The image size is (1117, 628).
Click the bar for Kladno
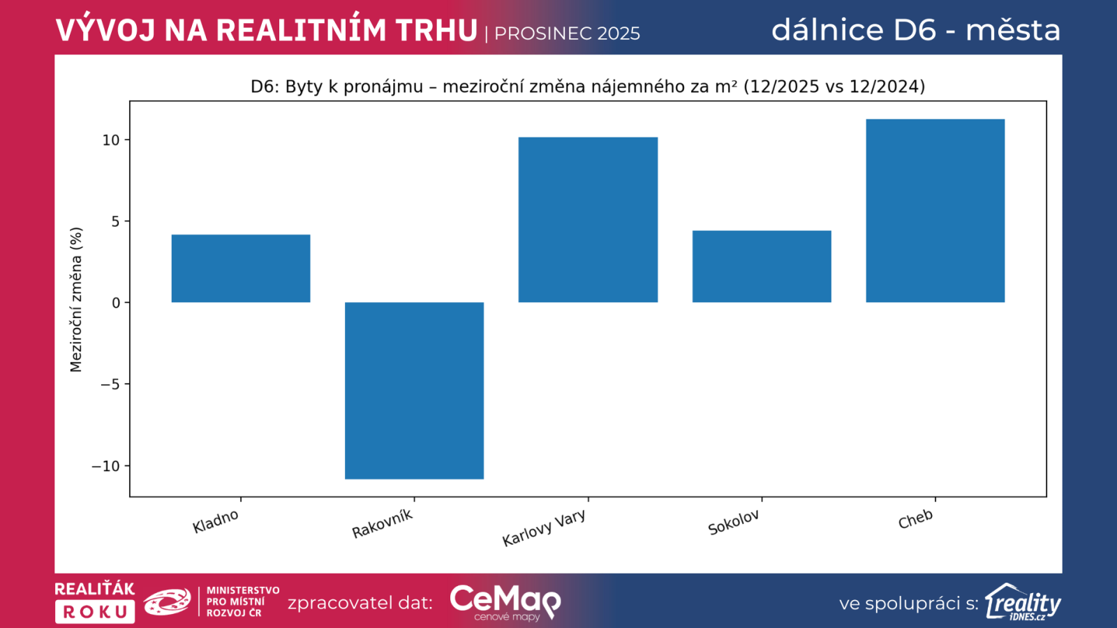click(x=241, y=269)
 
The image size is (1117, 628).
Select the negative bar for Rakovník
click(x=414, y=390)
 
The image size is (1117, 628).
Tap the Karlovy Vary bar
click(x=588, y=220)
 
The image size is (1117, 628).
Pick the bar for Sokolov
click(x=762, y=267)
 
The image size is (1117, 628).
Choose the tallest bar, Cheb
click(x=935, y=211)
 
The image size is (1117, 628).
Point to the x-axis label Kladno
click(x=216, y=521)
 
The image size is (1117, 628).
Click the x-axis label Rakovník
click(x=383, y=524)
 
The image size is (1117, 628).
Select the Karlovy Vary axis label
click(x=544, y=528)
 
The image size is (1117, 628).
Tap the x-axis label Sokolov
click(x=734, y=523)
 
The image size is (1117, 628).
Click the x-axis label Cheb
click(x=915, y=519)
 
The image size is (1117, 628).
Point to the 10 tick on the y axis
click(x=111, y=140)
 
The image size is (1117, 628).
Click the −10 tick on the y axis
click(x=106, y=466)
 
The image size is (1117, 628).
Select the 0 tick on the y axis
click(x=116, y=303)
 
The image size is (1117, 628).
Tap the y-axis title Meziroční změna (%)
click(x=76, y=299)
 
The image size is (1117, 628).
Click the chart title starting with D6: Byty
click(x=588, y=87)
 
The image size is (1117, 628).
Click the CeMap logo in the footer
click(x=505, y=601)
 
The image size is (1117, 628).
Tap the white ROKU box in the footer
click(x=95, y=612)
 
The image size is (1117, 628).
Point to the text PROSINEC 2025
click(x=567, y=33)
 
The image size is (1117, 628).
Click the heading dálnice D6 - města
click(x=916, y=30)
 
